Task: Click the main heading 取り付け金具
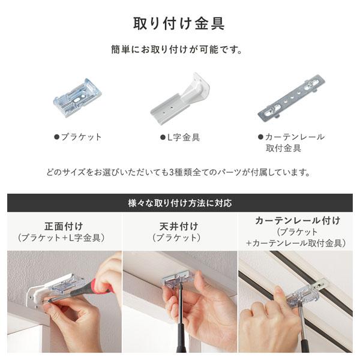[x=179, y=23]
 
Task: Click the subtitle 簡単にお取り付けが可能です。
[x=179, y=50]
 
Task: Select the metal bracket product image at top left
[x=77, y=97]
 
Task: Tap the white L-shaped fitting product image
[x=180, y=97]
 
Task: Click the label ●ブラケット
[x=78, y=137]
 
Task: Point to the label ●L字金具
[x=180, y=137]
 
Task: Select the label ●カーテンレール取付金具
[x=291, y=142]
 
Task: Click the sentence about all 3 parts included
[x=179, y=172]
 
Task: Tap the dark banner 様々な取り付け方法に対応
[x=179, y=202]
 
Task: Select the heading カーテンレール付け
[x=298, y=220]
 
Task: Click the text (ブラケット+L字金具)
[x=62, y=238]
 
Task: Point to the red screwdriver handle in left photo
[x=102, y=290]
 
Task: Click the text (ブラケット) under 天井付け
[x=180, y=238]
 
